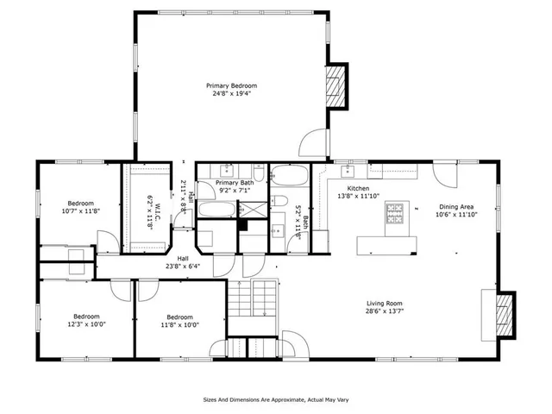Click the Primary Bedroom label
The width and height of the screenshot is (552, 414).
click(231, 85)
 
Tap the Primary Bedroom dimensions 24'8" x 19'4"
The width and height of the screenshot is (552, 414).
click(231, 95)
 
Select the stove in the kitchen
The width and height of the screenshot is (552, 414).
click(397, 211)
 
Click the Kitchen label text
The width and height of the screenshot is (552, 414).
click(358, 189)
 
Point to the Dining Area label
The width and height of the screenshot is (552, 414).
click(457, 206)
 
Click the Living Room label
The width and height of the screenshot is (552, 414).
click(382, 303)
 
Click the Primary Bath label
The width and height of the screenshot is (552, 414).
click(235, 183)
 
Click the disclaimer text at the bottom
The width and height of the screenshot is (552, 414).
click(275, 399)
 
